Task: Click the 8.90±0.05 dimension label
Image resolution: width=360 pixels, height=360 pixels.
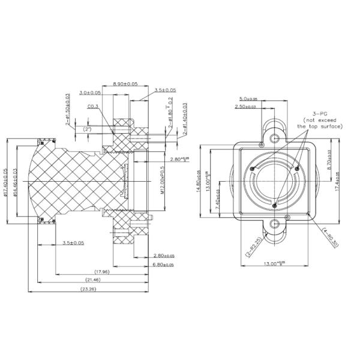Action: pos(125,85)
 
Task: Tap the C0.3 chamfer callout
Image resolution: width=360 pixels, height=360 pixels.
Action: pos(93,107)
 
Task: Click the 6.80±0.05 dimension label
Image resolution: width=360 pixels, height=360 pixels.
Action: pos(163,264)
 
